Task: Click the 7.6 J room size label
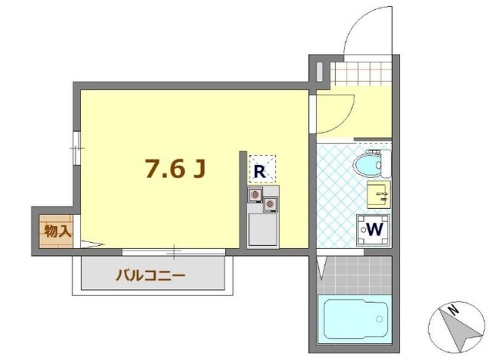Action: pos(176,168)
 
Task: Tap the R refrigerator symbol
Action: pos(261,170)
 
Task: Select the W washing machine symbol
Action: pos(371,229)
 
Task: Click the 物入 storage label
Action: pos(57,230)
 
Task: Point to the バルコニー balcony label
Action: pos(151,275)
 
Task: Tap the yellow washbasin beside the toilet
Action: pos(378,194)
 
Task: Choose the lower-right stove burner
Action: pos(270,204)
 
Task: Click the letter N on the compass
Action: pos(454,311)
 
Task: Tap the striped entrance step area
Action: pos(361,74)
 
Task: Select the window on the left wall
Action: pos(75,146)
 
